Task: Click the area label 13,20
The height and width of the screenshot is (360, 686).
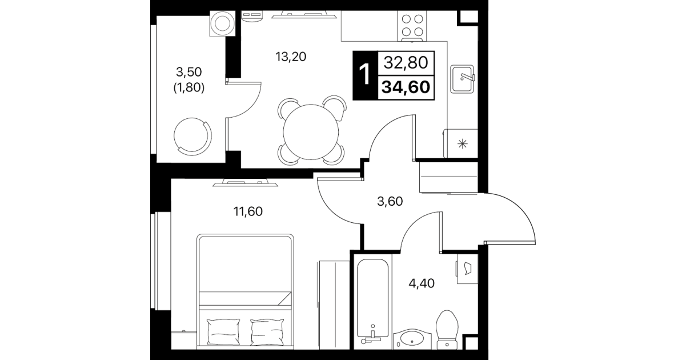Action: pos(291,57)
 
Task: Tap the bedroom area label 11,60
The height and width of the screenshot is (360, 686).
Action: pos(248,211)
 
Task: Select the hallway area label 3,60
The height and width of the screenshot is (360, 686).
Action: pos(390,202)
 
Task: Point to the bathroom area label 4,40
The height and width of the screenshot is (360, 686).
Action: pos(422,283)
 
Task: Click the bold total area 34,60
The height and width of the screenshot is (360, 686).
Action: pos(406,87)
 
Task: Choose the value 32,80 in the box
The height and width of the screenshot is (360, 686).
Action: pos(406,63)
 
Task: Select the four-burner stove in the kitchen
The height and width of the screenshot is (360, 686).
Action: pos(412,26)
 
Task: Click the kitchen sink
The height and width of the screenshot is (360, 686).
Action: pos(462,79)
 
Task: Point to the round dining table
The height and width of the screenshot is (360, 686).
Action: pos(311,132)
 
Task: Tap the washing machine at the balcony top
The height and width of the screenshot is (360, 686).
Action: pos(222,23)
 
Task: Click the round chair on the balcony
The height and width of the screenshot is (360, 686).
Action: pos(192,137)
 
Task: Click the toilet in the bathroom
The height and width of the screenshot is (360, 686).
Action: pos(447,330)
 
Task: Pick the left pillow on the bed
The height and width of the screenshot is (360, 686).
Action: pos(223,332)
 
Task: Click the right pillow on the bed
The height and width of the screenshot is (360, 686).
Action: pos(267,332)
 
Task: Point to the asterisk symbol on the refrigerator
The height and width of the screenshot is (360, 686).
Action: pos(463,143)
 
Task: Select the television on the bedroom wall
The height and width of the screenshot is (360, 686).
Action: pos(245,183)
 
